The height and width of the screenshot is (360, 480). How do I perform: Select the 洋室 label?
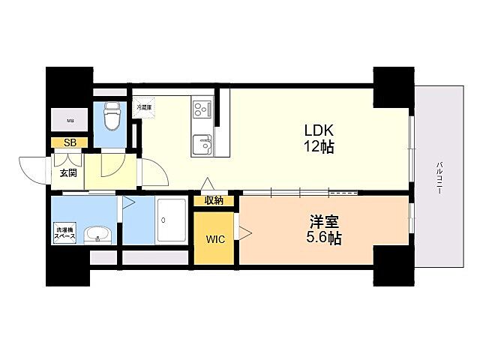pos(324,222)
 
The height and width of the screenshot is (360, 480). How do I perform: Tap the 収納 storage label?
pos(214,200)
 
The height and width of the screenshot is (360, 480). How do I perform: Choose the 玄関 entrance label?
pos(67,173)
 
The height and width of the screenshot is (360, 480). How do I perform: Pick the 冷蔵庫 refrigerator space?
pos(143,107)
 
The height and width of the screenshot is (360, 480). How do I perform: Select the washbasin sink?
pos(97,235)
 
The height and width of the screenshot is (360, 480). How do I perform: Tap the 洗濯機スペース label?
pos(63,232)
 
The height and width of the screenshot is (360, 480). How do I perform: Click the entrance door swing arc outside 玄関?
pos(34,169)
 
